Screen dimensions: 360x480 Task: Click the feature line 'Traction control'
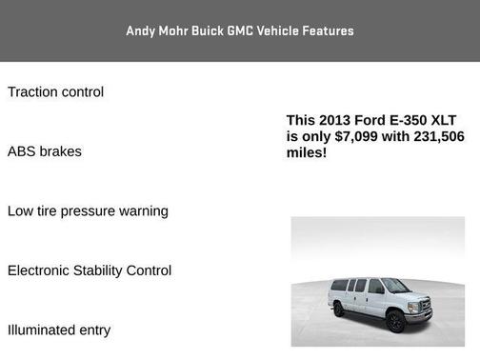click(55, 92)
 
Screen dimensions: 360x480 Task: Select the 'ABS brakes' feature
click(44, 151)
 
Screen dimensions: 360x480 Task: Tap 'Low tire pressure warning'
click(88, 210)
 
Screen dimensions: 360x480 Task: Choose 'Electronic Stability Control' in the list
click(90, 270)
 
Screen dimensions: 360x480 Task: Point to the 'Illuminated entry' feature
click(59, 330)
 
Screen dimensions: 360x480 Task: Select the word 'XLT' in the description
click(445, 120)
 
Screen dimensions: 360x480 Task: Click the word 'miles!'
click(307, 152)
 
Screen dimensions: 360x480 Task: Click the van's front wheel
click(395, 320)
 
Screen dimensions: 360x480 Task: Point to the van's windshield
click(395, 285)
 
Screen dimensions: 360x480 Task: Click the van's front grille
click(425, 306)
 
